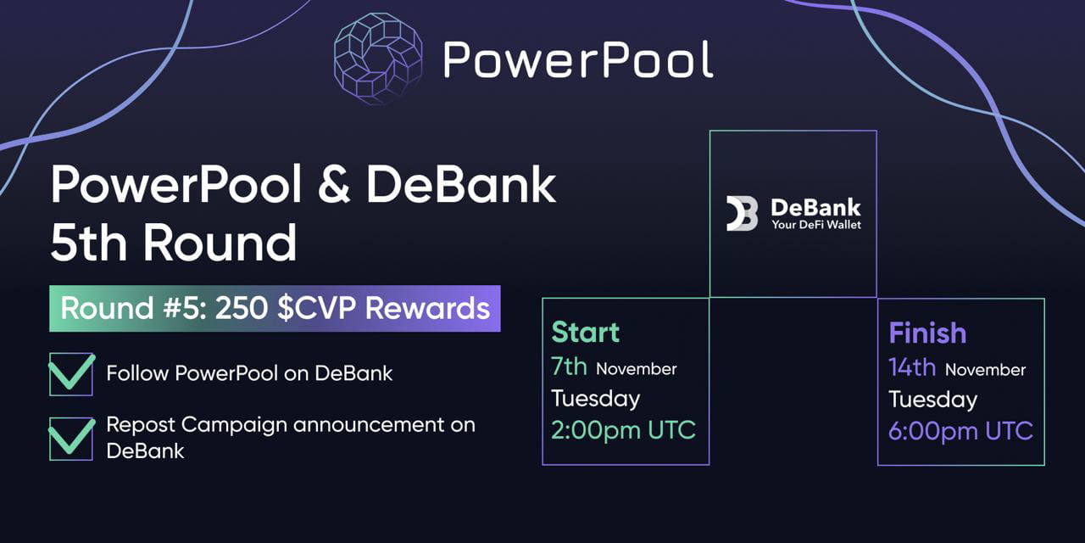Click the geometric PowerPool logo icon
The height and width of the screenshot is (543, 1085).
379,59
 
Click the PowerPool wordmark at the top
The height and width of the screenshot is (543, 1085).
577,59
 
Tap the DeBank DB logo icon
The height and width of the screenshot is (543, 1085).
742,214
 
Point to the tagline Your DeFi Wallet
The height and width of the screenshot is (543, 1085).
815,225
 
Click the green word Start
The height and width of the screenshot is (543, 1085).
586,333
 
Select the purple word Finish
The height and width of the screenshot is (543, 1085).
927,333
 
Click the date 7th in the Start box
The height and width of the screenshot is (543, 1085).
570,367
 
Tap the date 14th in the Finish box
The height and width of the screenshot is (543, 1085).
912,367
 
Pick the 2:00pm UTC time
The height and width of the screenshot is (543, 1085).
623,429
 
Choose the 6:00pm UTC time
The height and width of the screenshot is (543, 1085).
960,430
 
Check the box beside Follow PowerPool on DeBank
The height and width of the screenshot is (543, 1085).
71,374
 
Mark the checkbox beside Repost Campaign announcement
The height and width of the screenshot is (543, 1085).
71,438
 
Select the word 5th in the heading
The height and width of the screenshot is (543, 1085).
89,244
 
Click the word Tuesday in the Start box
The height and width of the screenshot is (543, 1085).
596,398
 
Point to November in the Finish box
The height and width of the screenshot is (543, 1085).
985,370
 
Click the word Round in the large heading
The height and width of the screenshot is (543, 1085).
220,244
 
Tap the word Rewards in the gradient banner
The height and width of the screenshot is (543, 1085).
427,308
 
